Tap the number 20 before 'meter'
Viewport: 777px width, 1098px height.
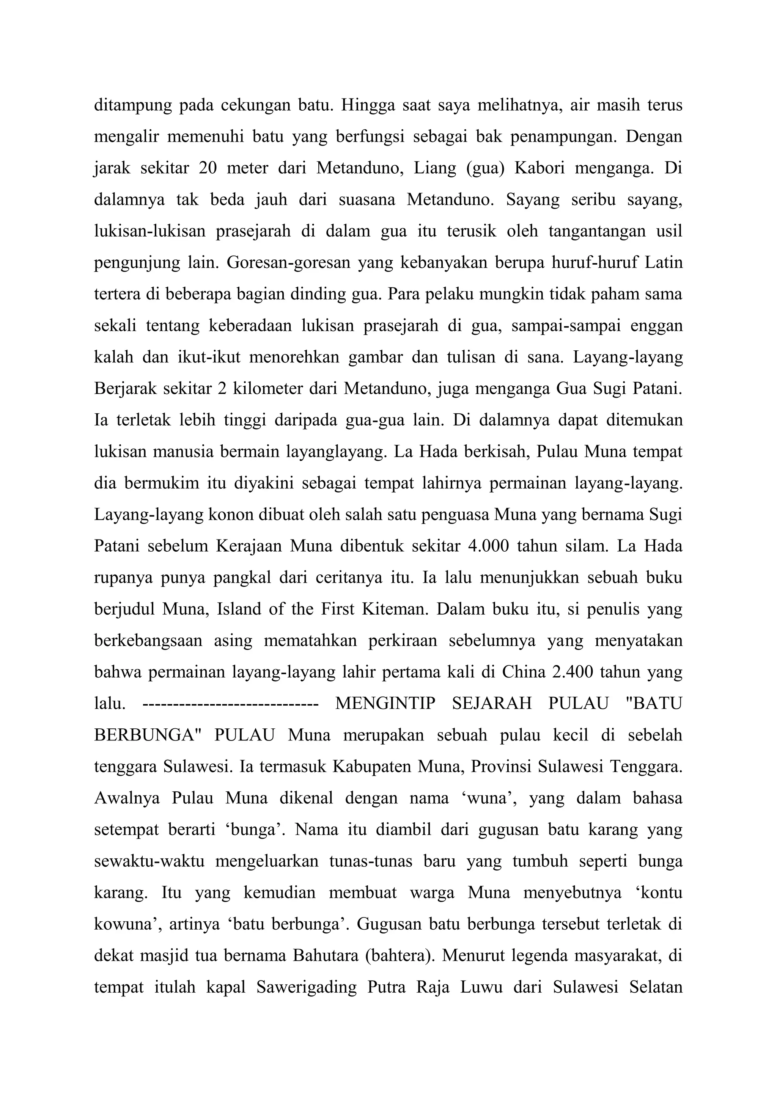208,168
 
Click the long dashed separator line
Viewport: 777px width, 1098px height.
231,704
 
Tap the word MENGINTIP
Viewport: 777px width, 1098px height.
385,704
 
